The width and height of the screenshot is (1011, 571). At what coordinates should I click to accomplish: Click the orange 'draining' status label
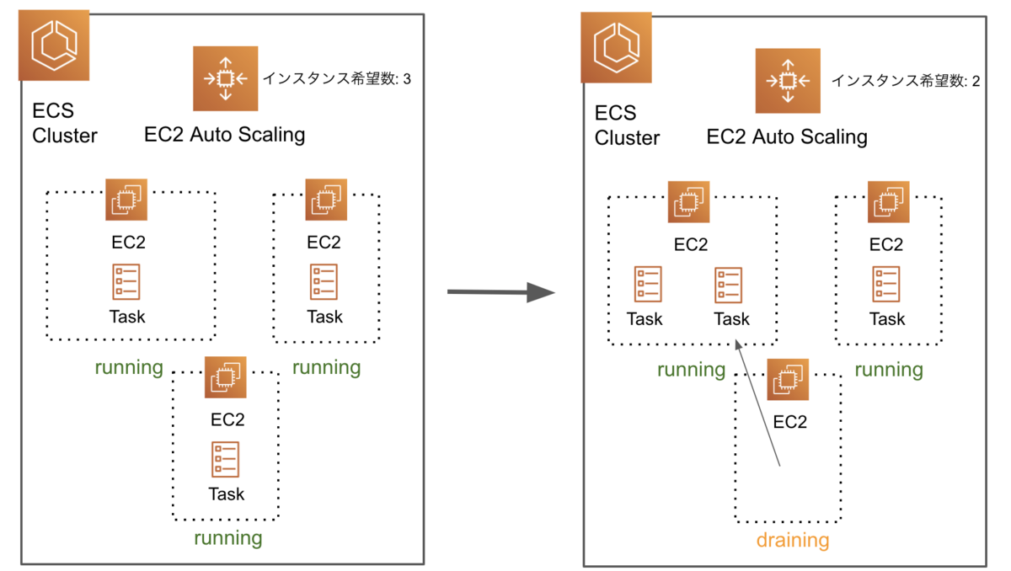792,540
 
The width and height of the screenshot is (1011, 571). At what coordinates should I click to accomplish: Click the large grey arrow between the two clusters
500,293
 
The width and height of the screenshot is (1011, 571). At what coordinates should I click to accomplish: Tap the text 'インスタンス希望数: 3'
337,79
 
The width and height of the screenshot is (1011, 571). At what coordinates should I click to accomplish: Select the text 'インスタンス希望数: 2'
906,81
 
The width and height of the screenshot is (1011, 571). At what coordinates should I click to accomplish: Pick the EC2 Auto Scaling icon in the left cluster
224,79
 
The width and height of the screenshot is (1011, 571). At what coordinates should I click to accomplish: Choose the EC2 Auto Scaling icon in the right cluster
787,81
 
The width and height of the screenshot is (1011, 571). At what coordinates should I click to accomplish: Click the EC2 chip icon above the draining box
788,379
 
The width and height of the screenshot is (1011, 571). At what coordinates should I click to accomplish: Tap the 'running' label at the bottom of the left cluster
228,537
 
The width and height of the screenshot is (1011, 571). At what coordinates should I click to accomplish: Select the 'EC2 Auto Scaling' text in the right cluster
787,136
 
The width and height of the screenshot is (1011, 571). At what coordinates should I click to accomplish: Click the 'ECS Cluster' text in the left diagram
64,123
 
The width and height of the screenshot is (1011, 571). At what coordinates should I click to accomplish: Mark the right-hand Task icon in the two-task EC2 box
730,285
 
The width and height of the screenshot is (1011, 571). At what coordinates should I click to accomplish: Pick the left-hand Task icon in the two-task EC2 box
648,285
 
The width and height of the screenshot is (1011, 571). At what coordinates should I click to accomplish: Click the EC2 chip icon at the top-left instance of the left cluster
127,200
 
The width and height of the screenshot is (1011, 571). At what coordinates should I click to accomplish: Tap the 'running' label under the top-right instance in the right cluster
889,370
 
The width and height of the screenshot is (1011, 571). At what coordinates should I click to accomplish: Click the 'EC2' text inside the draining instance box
789,421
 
